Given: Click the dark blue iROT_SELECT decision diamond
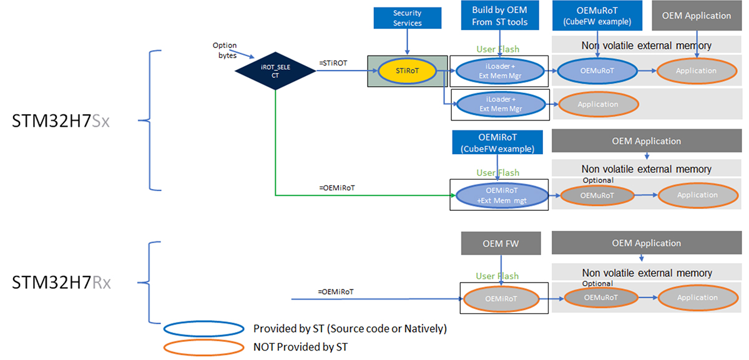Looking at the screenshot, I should (x=275, y=71).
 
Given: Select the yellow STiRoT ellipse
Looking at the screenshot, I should (x=407, y=71).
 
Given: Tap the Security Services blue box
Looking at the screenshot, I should (x=407, y=18).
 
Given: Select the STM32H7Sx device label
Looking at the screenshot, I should (x=61, y=121).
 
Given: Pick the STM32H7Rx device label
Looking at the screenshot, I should (x=61, y=283).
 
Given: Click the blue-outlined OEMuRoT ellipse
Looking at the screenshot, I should (x=597, y=71).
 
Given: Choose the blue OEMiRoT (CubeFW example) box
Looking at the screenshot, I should (x=497, y=142).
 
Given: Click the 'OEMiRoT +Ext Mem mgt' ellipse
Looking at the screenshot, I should (x=497, y=195).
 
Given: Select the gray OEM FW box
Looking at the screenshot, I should (x=501, y=243).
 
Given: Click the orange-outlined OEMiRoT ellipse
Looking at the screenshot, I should (x=501, y=299).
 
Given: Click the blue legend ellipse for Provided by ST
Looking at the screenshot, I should (x=203, y=328).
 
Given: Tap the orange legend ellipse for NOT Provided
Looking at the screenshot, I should (x=203, y=347).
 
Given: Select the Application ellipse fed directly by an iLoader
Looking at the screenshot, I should (x=598, y=104).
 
